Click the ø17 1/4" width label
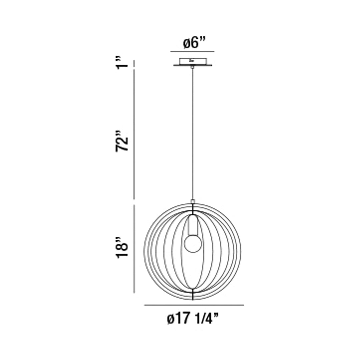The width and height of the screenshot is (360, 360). pos(192,319)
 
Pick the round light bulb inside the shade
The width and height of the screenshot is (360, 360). pos(193,243)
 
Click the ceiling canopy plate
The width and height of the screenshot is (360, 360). pos(192,65)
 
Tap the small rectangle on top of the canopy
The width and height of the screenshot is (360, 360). pos(193,61)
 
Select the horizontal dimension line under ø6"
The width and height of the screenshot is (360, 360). pos(192,52)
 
